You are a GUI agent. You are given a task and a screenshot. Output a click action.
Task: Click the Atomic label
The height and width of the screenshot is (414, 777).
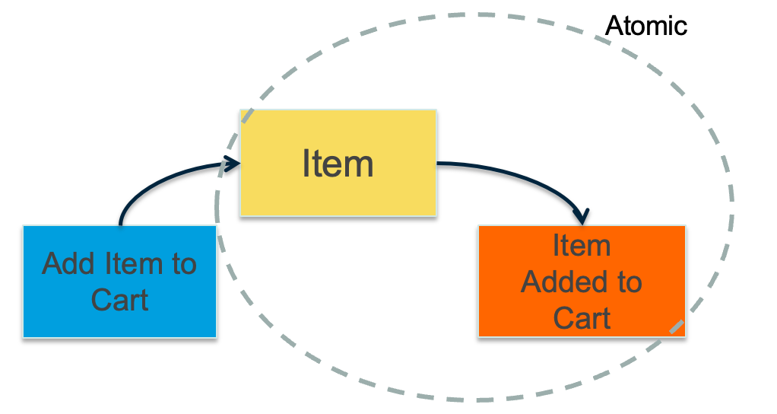645,25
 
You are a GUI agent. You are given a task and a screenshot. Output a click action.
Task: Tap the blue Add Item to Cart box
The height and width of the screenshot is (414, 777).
119,282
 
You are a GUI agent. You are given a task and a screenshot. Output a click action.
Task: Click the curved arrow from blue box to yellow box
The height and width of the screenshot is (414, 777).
152,182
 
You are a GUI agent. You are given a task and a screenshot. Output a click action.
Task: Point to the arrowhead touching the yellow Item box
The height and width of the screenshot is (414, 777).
231,162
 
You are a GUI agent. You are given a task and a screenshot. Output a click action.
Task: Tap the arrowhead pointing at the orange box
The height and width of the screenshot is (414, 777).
583,215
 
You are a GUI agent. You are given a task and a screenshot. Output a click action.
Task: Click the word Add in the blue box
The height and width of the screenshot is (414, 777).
66,264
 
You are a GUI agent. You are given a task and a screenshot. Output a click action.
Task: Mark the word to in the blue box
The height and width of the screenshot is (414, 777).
182,264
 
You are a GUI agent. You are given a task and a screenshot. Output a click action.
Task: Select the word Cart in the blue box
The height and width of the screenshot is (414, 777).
119,299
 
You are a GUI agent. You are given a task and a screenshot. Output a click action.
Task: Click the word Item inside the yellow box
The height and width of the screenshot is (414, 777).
338,164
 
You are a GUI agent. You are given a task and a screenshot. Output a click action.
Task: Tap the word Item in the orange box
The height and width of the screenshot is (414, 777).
582,246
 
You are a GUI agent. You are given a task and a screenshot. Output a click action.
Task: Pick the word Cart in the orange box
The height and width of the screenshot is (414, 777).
582,317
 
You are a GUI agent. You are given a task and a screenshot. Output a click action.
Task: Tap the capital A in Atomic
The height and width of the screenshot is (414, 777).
613,26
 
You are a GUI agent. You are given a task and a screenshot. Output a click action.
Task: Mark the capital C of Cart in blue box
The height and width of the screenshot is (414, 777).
100,299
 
